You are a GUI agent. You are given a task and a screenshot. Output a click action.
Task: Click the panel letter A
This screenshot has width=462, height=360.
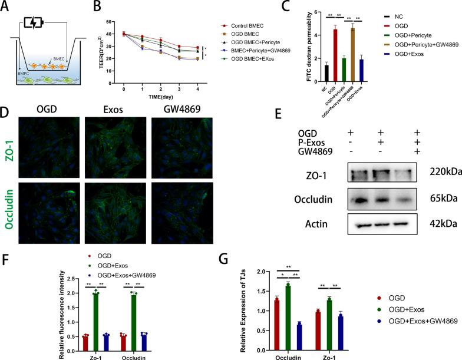[x=7, y=7]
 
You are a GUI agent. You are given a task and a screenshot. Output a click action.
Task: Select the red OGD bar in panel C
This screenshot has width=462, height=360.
[x=335, y=54]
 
